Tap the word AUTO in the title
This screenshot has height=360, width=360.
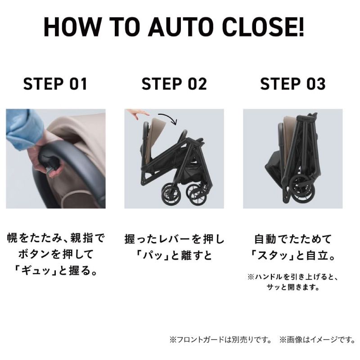coord(174,28)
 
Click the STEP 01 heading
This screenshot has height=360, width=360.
coord(55,84)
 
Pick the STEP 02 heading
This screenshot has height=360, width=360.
coord(174,84)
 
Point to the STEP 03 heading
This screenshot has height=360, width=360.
coord(293,84)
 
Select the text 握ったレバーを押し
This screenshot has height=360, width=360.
coord(174,239)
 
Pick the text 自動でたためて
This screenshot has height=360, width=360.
coord(293,239)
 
